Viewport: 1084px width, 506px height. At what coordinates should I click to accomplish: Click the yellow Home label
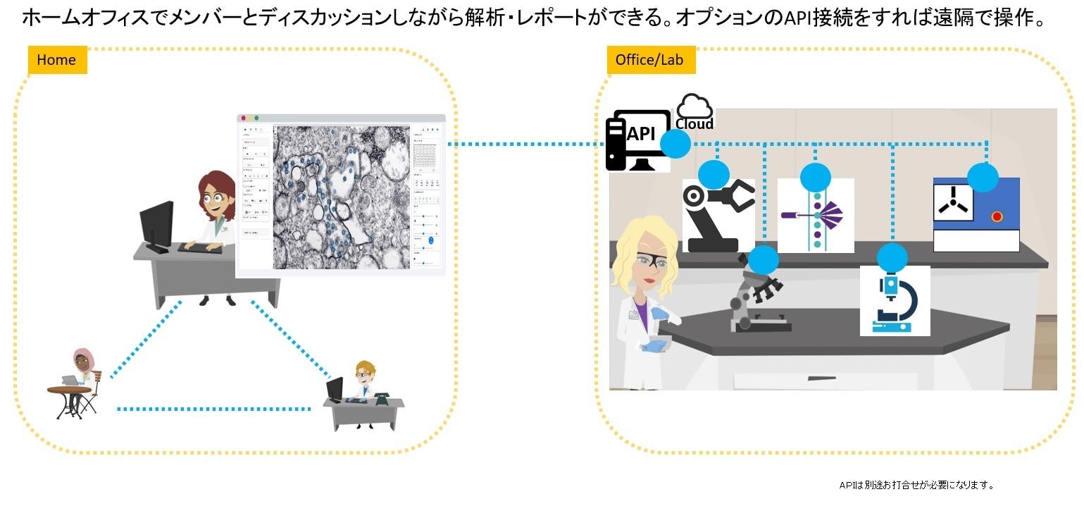pyautogui.click(x=56, y=60)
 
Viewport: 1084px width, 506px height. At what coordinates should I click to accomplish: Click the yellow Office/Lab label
pyautogui.click(x=649, y=60)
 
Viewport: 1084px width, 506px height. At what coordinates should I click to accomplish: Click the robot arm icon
pyautogui.click(x=718, y=215)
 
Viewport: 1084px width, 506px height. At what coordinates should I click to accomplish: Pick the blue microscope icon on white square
pyautogui.click(x=895, y=302)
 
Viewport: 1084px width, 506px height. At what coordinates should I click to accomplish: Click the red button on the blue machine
pyautogui.click(x=997, y=216)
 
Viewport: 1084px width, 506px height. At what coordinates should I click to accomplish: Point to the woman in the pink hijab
pyautogui.click(x=83, y=362)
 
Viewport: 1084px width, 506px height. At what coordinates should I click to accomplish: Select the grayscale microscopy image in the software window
pyautogui.click(x=341, y=197)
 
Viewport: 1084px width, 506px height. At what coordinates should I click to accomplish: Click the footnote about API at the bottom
pyautogui.click(x=916, y=485)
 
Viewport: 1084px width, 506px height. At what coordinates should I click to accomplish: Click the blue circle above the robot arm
pyautogui.click(x=714, y=174)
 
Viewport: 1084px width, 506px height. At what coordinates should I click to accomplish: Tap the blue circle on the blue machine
pyautogui.click(x=983, y=176)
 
